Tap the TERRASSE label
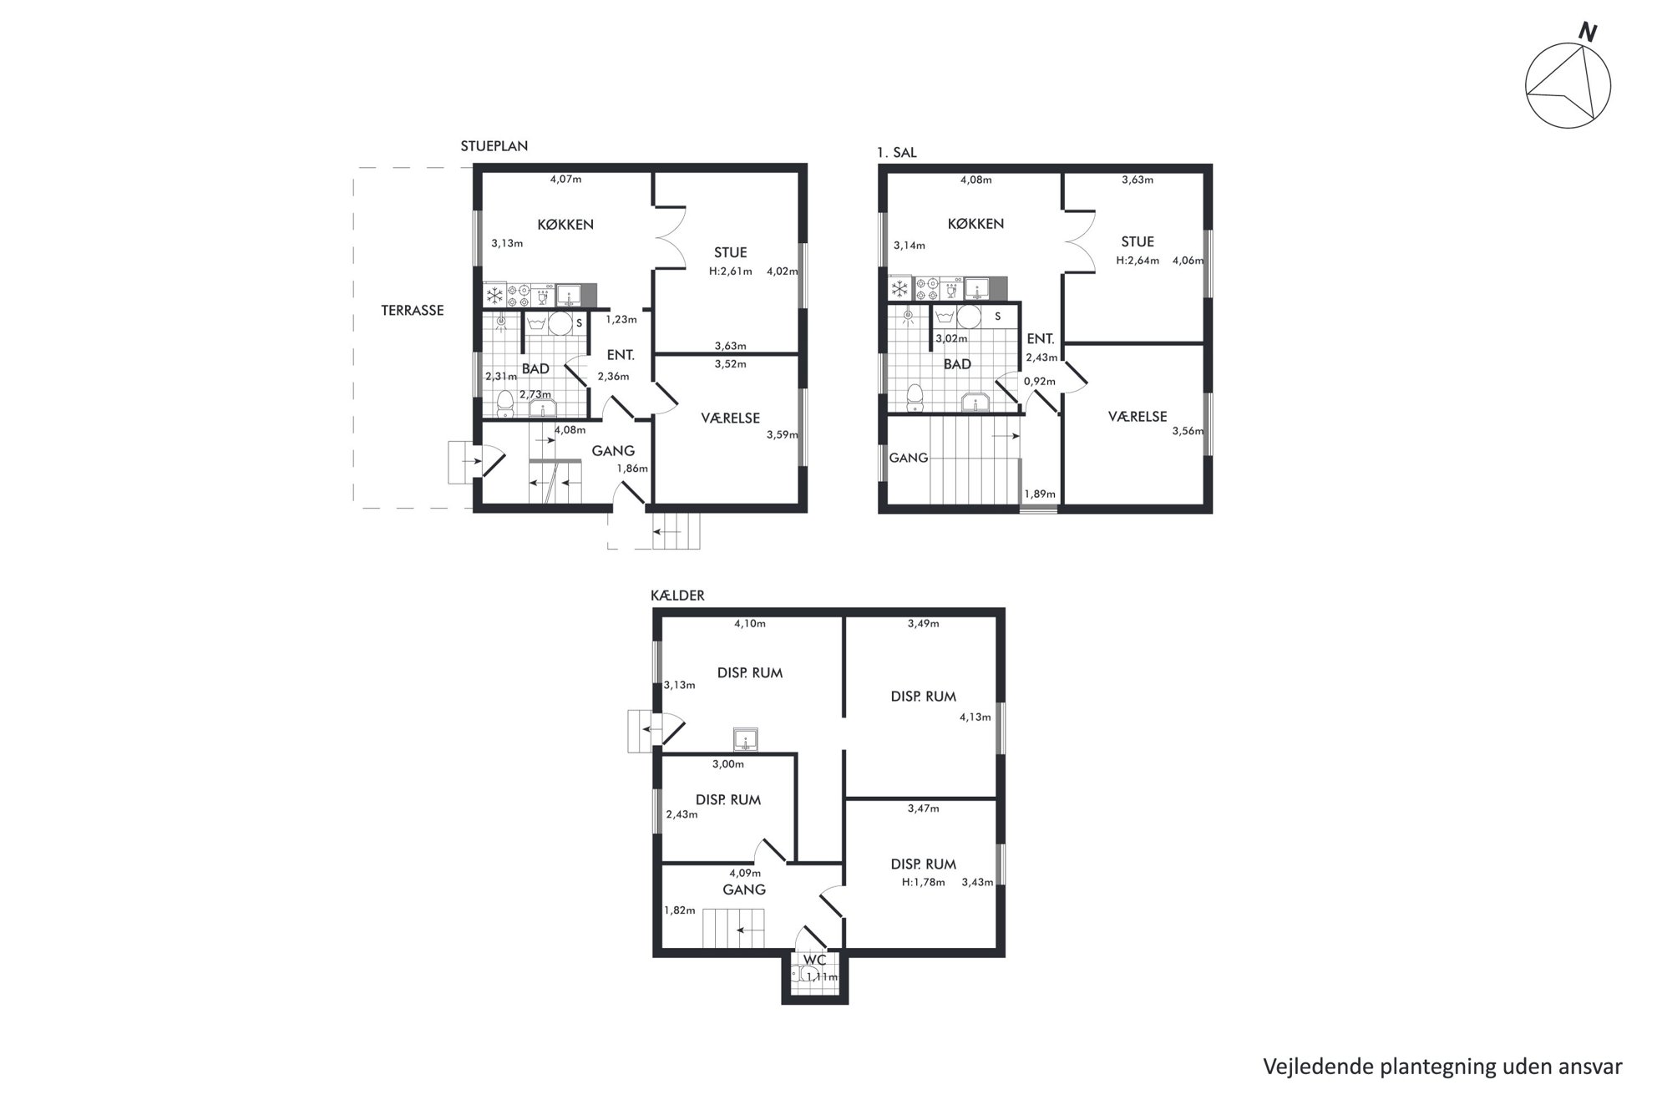pyautogui.click(x=413, y=310)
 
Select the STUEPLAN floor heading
pyautogui.click(x=494, y=146)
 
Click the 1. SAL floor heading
pyautogui.click(x=896, y=152)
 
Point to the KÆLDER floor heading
pyautogui.click(x=677, y=596)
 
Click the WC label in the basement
pyautogui.click(x=814, y=961)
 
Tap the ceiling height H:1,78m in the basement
pyautogui.click(x=923, y=882)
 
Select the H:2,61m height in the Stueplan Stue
pyautogui.click(x=731, y=271)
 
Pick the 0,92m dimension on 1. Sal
pyautogui.click(x=1040, y=382)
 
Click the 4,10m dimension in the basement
pyautogui.click(x=750, y=623)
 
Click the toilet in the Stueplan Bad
pyautogui.click(x=504, y=404)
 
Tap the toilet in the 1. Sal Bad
pyautogui.click(x=915, y=398)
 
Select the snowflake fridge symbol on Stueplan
pyautogui.click(x=494, y=295)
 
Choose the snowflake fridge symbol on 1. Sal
pyautogui.click(x=900, y=289)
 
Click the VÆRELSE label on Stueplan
pyautogui.click(x=730, y=418)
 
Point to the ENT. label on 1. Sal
pyautogui.click(x=1040, y=338)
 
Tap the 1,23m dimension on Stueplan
pyautogui.click(x=621, y=319)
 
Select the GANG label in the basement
pyautogui.click(x=743, y=890)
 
